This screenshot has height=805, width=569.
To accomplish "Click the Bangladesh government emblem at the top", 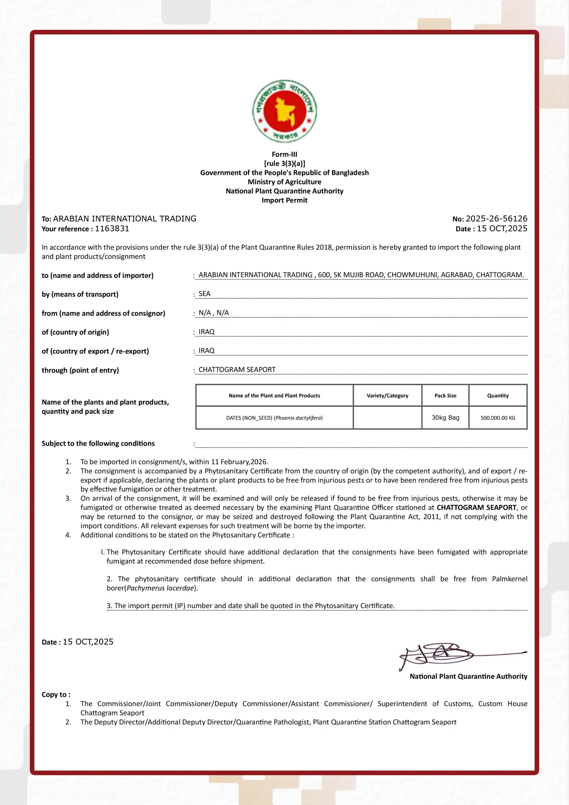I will pos(284,111).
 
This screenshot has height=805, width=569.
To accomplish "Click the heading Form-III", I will pos(284,154).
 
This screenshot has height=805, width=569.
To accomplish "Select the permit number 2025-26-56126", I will pos(496,219).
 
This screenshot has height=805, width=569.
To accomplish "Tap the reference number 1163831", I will pos(112,229).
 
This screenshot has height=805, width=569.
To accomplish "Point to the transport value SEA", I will pos(204,294).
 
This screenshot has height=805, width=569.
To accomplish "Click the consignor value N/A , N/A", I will pos(213,313).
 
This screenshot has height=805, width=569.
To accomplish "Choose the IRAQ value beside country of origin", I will pos(207,332).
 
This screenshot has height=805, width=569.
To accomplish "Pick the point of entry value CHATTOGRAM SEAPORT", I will pos(237,369).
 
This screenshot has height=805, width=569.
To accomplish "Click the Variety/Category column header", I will pos(387,396).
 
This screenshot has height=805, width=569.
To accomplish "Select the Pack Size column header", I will pos(445,396).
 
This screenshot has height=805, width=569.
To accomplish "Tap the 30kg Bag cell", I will pos(445,418).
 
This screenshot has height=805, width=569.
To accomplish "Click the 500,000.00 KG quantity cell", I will pos(498,418).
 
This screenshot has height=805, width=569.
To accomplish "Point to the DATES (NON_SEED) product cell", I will pos(274,418).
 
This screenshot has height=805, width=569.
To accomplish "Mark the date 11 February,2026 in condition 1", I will pos(239,462).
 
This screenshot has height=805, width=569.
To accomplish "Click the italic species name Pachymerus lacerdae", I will pos(160,588).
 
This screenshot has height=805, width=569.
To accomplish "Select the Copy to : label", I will pos(56,695).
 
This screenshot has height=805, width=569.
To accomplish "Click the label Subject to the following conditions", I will pos(98,443).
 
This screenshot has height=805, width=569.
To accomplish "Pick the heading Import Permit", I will pos(284,200).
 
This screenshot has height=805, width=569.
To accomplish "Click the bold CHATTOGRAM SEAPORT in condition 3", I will pos(476,507).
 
